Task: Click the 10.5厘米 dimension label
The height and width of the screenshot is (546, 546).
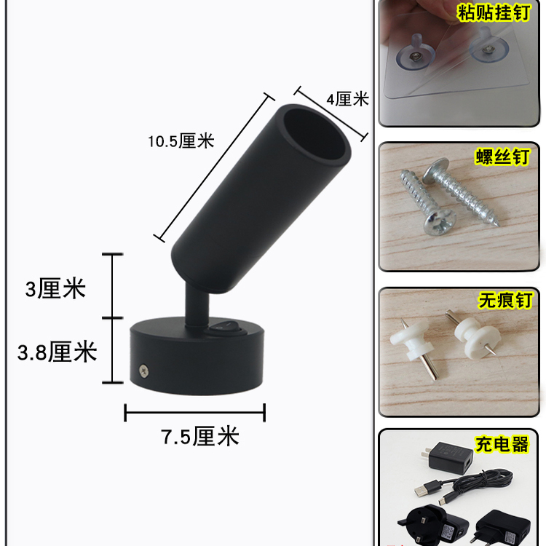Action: (x=181, y=141)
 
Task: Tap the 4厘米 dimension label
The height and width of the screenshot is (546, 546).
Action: (x=347, y=99)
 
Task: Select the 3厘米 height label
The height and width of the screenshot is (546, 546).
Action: (x=55, y=289)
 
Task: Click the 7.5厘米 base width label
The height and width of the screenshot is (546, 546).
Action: (x=199, y=437)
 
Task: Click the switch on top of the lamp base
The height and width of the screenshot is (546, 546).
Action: (x=226, y=328)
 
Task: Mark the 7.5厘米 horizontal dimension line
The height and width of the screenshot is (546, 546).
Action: (x=195, y=413)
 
